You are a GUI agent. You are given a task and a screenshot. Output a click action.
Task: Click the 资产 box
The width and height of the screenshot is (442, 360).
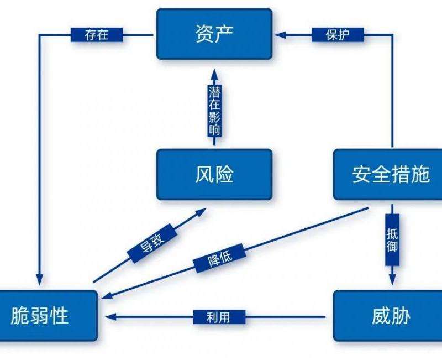click(x=214, y=34)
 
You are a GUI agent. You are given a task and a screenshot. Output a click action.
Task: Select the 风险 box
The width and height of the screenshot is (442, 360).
click(x=214, y=174)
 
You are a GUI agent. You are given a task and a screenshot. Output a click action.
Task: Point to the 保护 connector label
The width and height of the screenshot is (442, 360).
click(x=338, y=35)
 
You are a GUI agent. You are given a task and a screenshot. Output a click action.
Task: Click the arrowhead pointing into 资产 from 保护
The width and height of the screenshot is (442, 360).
click(x=280, y=35)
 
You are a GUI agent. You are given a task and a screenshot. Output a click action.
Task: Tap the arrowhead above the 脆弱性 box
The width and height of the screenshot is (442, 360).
click(x=39, y=276)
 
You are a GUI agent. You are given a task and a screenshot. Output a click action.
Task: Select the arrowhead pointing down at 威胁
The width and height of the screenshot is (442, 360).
click(x=392, y=278)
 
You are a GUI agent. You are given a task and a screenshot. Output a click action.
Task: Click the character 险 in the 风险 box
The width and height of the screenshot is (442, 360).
click(x=224, y=174)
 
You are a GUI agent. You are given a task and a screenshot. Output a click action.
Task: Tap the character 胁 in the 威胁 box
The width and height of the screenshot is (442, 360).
click(x=400, y=316)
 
